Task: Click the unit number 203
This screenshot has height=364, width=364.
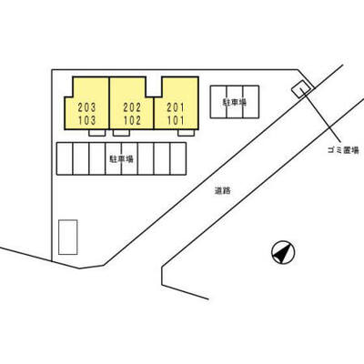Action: [86, 107]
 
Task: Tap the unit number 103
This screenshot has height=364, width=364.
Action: [86, 120]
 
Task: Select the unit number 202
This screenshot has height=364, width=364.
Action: [132, 107]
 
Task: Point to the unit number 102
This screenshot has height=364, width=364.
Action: [132, 120]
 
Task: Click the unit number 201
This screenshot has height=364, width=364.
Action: [176, 107]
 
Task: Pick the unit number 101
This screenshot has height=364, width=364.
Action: [176, 120]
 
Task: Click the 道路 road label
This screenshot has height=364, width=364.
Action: [223, 191]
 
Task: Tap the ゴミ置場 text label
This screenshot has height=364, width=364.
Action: [343, 150]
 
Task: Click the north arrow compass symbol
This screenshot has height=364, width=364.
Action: [283, 252]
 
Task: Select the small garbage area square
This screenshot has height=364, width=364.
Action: [301, 89]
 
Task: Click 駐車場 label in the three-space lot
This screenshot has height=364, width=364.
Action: [235, 102]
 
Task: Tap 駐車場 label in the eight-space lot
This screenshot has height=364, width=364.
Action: [122, 158]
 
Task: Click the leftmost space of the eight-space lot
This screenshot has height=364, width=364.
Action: [65, 158]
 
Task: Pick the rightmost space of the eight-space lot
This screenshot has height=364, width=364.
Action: [178, 158]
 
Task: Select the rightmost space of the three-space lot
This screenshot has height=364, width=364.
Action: [251, 102]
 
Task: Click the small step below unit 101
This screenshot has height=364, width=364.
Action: [186, 133]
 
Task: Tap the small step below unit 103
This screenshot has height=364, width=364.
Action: [97, 133]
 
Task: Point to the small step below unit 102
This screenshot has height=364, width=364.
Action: [121, 133]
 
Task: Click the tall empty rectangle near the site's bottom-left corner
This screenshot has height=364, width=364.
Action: [68, 238]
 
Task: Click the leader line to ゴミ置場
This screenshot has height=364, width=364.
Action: [321, 116]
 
